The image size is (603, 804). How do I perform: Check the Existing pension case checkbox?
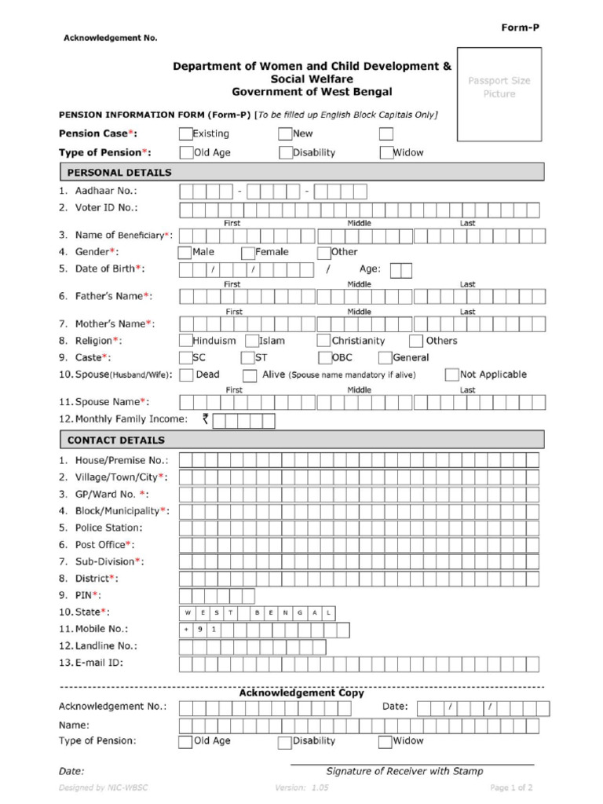(x=185, y=134)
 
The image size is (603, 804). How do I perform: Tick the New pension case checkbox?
(x=285, y=134)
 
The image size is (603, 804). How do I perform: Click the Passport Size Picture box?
(x=499, y=87)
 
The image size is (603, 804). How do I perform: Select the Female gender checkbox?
(x=247, y=253)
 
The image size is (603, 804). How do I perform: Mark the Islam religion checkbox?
(x=252, y=342)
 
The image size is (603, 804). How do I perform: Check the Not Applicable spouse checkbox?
(x=451, y=375)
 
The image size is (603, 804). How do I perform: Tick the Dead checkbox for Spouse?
(x=186, y=375)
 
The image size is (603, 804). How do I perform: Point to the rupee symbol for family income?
(x=205, y=419)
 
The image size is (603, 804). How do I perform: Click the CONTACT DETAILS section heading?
(x=116, y=440)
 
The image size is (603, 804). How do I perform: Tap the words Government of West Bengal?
(x=312, y=92)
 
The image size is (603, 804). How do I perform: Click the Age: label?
(x=370, y=269)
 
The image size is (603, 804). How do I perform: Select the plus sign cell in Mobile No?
(x=187, y=630)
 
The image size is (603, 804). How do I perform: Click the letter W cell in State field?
(x=187, y=612)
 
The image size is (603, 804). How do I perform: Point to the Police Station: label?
(x=109, y=528)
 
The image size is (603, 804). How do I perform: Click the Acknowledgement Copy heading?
(x=301, y=693)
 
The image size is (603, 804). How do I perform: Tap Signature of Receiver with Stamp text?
(x=404, y=771)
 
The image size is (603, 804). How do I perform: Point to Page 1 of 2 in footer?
(x=512, y=788)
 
